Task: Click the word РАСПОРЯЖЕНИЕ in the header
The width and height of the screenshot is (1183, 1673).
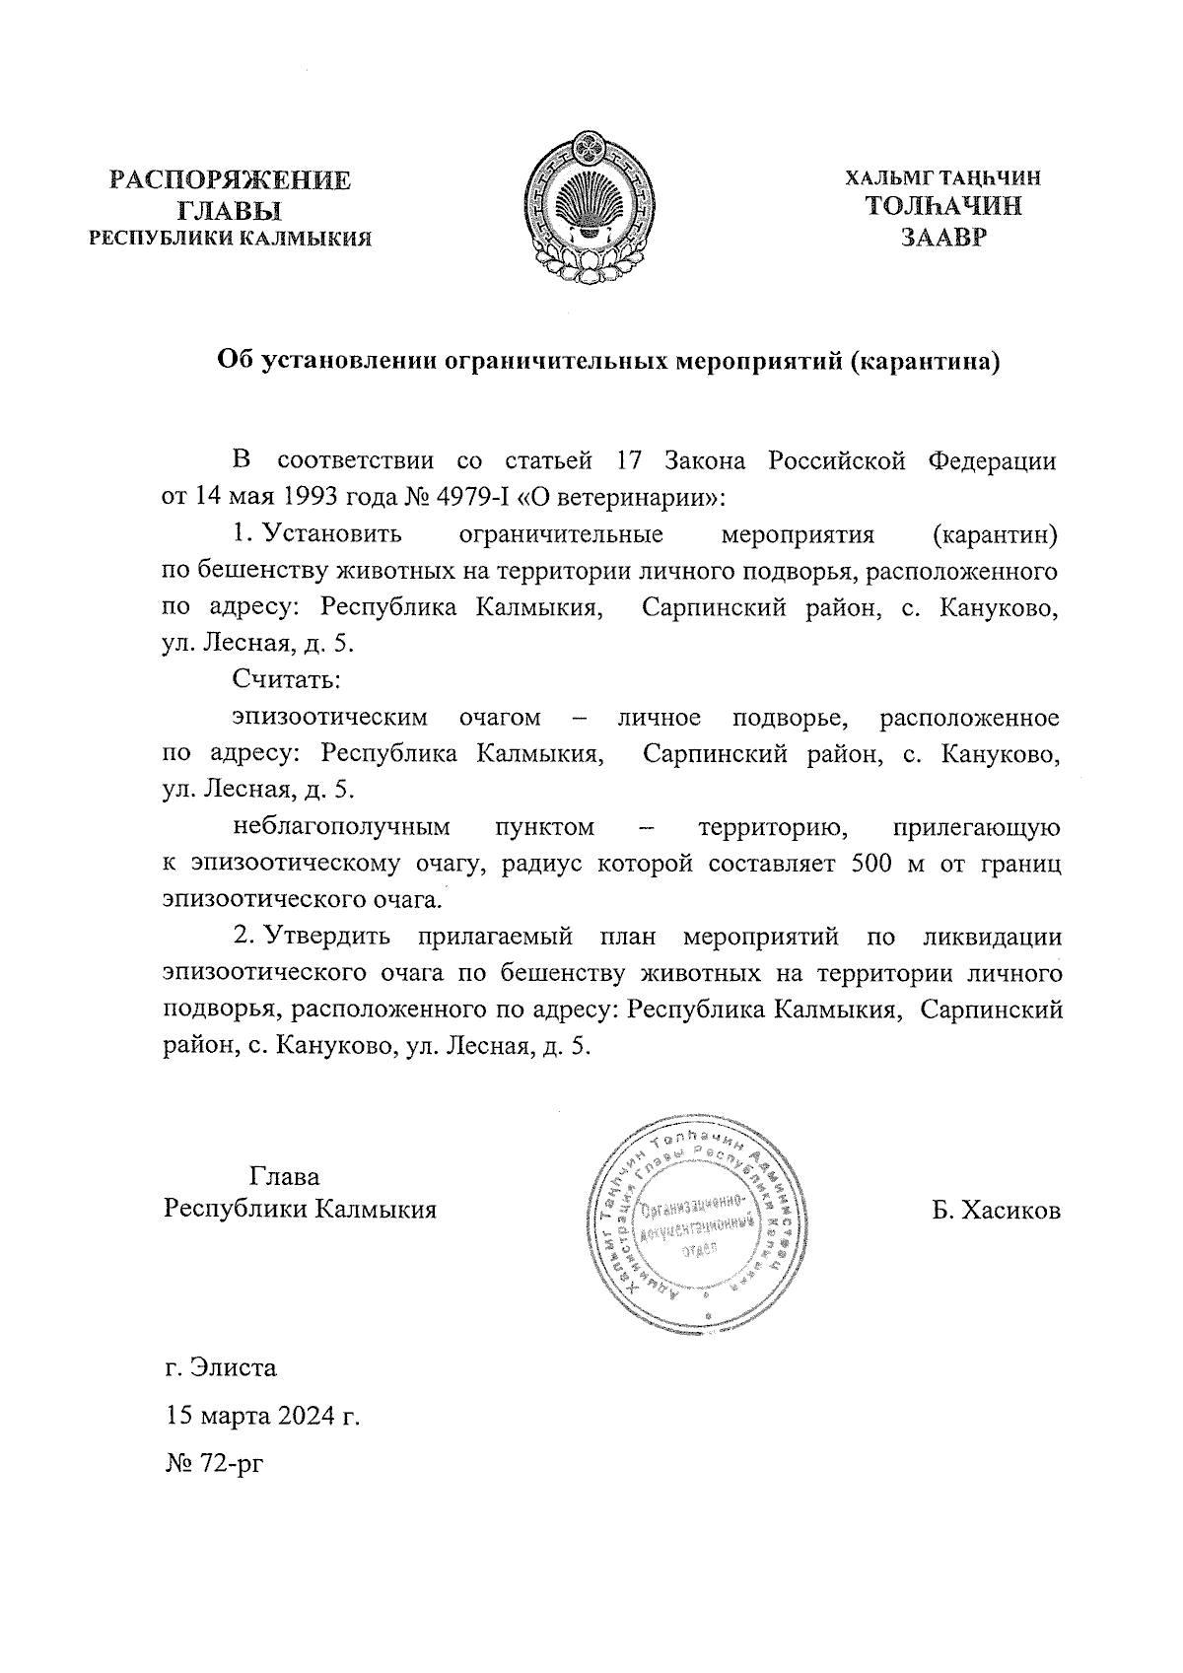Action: pyautogui.click(x=230, y=180)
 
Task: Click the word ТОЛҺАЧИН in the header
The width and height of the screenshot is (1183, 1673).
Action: pyautogui.click(x=942, y=207)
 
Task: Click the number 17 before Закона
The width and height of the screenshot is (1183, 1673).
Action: pyautogui.click(x=628, y=460)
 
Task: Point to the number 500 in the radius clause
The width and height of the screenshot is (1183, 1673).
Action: pyautogui.click(x=867, y=863)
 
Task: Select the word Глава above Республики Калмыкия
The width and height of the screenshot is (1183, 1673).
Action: pyautogui.click(x=285, y=1176)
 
